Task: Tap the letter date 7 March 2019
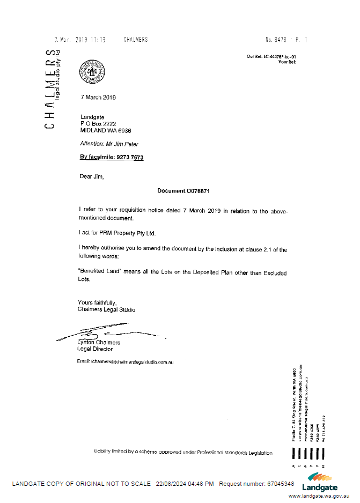pos(98,98)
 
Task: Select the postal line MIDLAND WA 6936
pos(106,130)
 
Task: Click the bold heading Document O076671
pos(183,191)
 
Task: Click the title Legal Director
pos(95,349)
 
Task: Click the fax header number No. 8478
pos(276,40)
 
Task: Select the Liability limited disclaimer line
pos(183,453)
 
